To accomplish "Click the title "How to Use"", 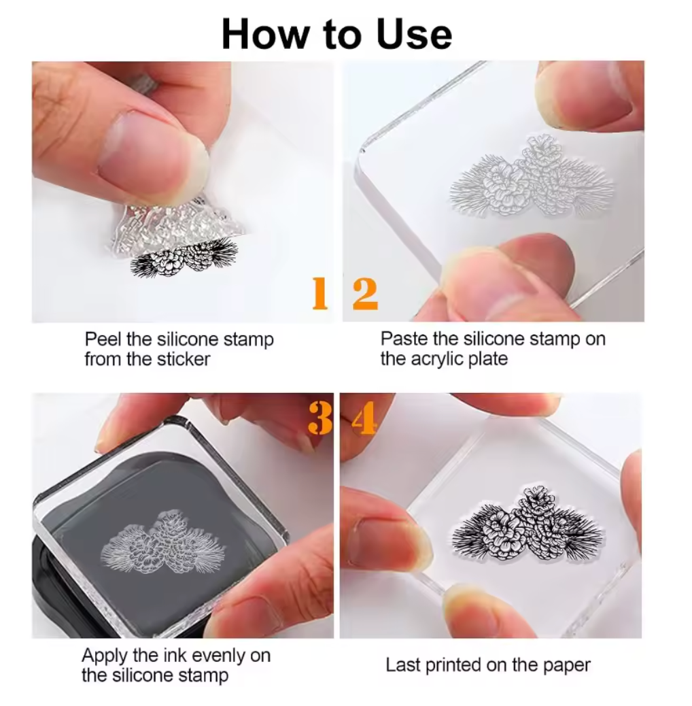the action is pyautogui.click(x=336, y=35).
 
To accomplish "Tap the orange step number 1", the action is pyautogui.click(x=320, y=293).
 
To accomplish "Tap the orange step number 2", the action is pyautogui.click(x=365, y=294).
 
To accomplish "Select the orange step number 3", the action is pyautogui.click(x=320, y=418).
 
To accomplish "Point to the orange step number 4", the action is pyautogui.click(x=364, y=418).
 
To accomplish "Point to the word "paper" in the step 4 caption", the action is pyautogui.click(x=567, y=666).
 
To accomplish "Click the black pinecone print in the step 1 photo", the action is pyautogui.click(x=183, y=257).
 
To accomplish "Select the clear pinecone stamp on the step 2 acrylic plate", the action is pyautogui.click(x=532, y=177).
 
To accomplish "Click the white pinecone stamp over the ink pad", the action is pyautogui.click(x=163, y=543).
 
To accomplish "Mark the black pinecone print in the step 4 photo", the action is pyautogui.click(x=527, y=525).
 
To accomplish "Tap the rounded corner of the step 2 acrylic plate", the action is pyautogui.click(x=361, y=153).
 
